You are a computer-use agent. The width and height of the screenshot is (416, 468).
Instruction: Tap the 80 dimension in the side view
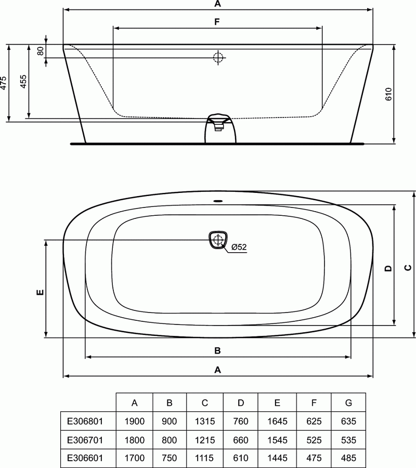tap(39, 51)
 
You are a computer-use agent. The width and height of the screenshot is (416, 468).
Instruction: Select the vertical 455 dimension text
tap(23, 82)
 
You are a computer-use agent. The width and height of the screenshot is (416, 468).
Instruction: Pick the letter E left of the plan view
tap(40, 292)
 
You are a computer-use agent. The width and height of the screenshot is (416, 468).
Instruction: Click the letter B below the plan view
tap(218, 350)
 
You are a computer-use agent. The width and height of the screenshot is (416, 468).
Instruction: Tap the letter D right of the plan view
tap(387, 269)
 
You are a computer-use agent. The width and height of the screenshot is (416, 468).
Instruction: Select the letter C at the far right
tap(408, 268)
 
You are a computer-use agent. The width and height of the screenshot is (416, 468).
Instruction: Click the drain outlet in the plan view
tap(218, 240)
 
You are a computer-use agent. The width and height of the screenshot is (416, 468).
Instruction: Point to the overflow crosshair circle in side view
tap(218, 57)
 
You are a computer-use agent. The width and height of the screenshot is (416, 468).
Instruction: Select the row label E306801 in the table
tap(85, 421)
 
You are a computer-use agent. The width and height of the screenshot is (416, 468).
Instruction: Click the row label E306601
tap(85, 458)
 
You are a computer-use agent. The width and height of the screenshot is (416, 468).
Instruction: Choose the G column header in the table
tap(348, 402)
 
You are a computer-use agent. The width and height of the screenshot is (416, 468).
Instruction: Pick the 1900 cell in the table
tap(135, 421)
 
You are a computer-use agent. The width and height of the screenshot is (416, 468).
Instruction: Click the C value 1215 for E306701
tap(205, 439)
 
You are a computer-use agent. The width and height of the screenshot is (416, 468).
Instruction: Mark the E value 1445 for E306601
tap(277, 458)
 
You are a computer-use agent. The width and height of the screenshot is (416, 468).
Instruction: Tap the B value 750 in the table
tap(170, 458)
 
